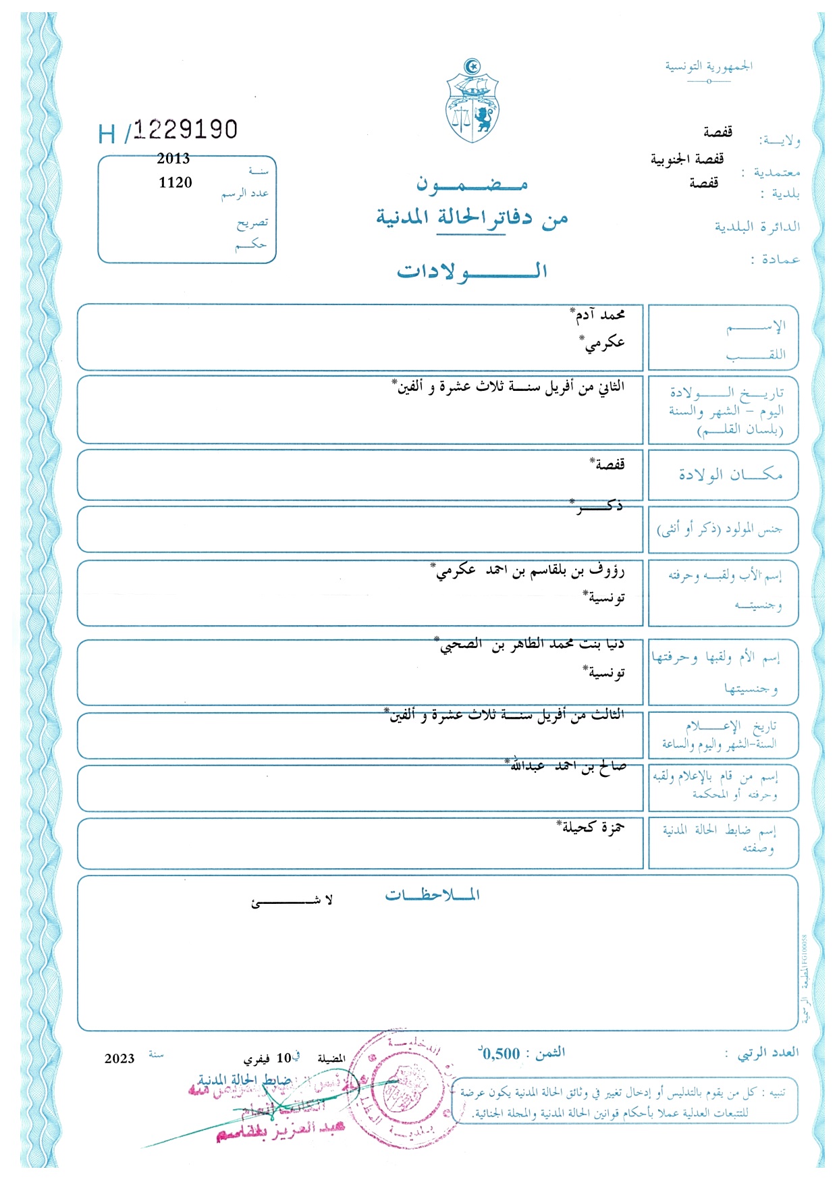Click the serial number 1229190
pos(185,130)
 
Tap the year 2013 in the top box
pos(173,159)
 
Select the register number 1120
pos(175,182)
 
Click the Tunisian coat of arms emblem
pos(472,101)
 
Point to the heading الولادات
pos(472,271)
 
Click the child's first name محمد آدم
pos(600,315)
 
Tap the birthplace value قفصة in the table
pos(609,464)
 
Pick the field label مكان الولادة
pos(730,475)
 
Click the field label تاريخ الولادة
pos(727,392)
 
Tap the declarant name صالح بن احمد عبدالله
pos(568,766)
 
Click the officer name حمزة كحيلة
pos(593,828)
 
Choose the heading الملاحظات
pos(432,895)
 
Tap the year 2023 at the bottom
pos(119,1058)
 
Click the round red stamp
pos(402,1087)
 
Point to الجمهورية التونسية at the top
pos(709,66)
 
